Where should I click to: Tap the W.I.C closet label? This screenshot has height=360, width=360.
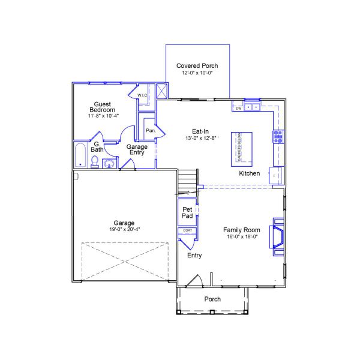142,95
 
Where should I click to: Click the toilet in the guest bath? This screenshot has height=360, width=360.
95,161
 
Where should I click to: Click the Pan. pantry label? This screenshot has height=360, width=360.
151,130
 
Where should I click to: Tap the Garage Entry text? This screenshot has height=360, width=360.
138,149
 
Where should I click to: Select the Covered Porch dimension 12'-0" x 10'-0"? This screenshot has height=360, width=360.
197,73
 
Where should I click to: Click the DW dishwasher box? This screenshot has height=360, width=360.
238,109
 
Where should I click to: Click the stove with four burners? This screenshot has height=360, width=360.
278,136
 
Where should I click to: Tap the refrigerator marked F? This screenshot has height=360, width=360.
275,175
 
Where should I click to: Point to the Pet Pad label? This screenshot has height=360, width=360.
187,212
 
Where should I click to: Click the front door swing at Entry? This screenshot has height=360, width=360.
194,281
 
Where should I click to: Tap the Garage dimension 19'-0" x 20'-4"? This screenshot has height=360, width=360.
125,229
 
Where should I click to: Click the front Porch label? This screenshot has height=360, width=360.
212,299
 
